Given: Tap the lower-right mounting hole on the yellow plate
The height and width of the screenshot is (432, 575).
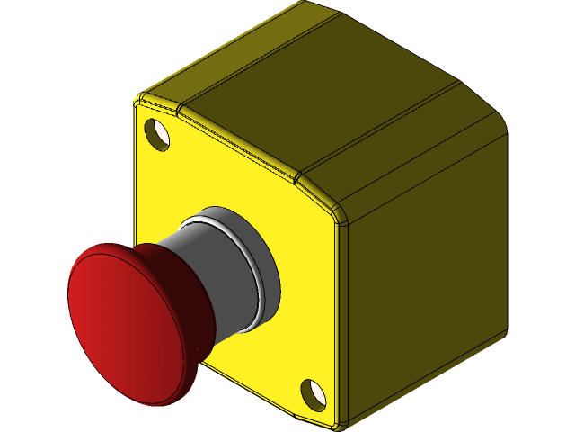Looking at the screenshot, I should [312, 391].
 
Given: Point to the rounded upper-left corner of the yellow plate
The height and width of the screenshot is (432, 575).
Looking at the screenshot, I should [141, 99].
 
